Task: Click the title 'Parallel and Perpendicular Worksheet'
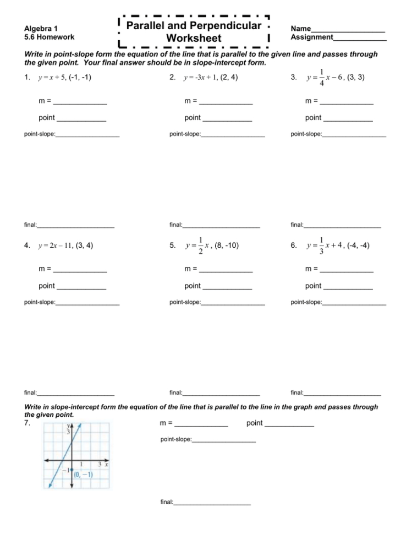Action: [194, 32]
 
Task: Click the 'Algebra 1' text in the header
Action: [41, 28]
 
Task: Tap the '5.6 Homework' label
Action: [49, 37]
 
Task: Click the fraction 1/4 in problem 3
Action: [321, 78]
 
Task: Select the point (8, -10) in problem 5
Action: [227, 246]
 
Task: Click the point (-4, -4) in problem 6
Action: [358, 246]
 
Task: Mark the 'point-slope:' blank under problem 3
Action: [354, 135]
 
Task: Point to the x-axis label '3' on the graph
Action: [100, 465]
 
